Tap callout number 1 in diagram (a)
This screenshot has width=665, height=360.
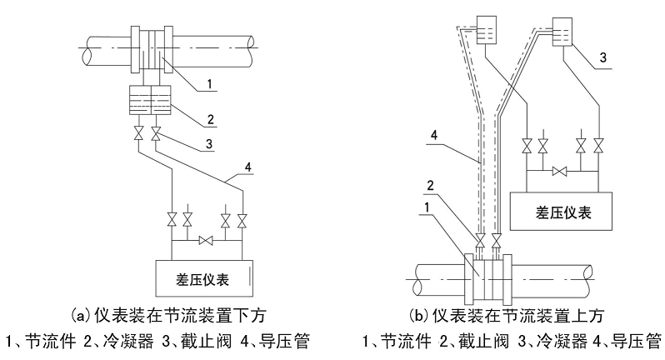pos(210,83)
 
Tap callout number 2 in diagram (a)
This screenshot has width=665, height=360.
pos(212,120)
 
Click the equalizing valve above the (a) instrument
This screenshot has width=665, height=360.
pos(206,242)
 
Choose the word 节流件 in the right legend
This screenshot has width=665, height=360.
pos(409,342)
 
